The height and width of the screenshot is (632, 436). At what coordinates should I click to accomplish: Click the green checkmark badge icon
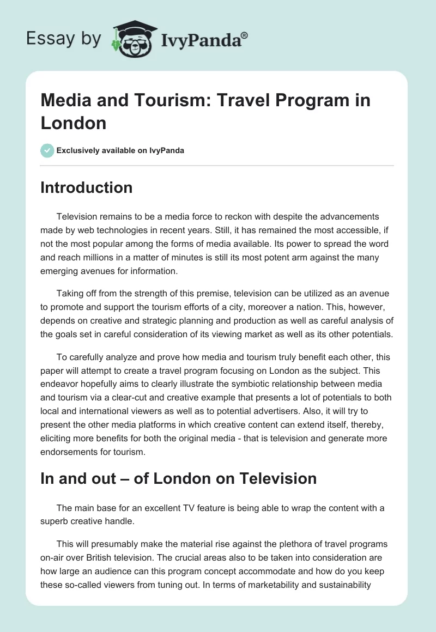point(47,150)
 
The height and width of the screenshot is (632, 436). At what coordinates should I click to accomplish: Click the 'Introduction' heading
point(87,188)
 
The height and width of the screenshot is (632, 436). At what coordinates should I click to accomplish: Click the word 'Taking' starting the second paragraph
point(70,294)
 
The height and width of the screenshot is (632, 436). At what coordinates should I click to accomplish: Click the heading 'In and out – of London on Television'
point(179,479)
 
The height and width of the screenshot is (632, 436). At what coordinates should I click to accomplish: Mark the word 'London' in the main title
point(73,123)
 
